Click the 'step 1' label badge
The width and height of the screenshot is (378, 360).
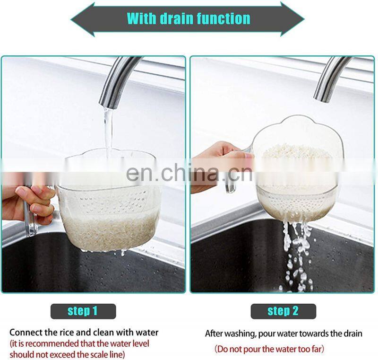pyautogui.click(x=83, y=311)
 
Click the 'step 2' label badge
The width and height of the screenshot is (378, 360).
pyautogui.click(x=283, y=311)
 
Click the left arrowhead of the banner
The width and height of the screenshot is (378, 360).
pyautogui.click(x=82, y=19)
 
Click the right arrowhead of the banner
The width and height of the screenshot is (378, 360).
pyautogui.click(x=292, y=19)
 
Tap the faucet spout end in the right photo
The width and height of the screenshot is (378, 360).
pyautogui.click(x=321, y=99)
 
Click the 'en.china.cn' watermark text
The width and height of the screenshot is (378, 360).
pyautogui.click(x=189, y=173)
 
